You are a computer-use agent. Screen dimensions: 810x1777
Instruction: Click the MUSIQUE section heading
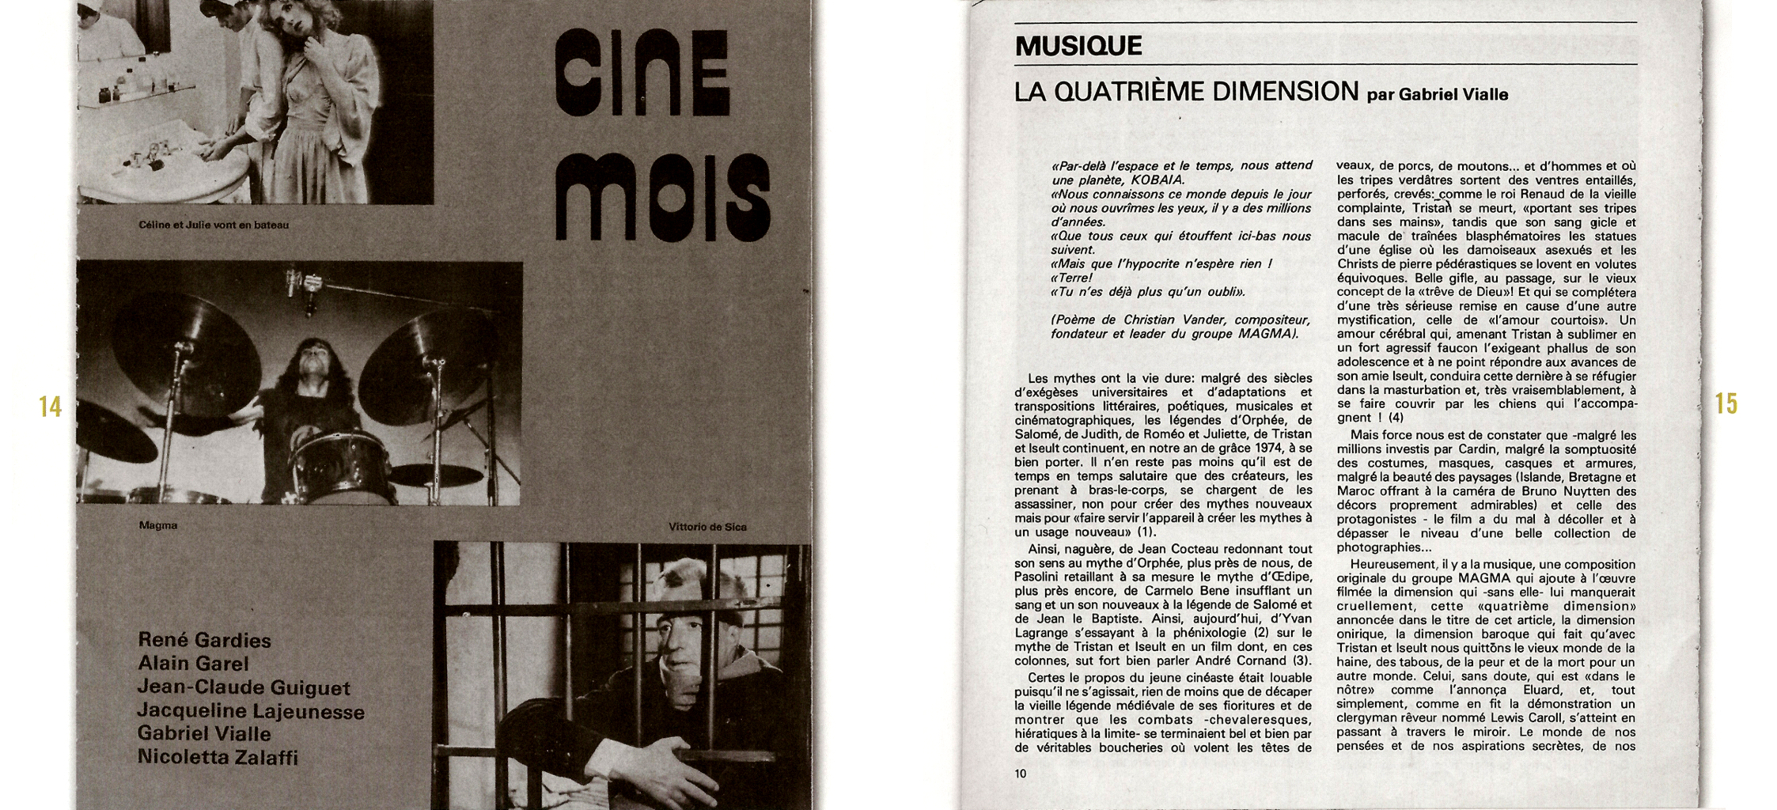tap(1078, 46)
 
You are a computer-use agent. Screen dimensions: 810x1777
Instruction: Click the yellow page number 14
tap(50, 407)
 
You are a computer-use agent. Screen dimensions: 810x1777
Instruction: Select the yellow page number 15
tap(1726, 404)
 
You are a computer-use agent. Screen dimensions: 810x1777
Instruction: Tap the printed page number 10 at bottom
tap(1020, 774)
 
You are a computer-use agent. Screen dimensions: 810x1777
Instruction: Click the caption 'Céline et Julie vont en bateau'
tap(214, 225)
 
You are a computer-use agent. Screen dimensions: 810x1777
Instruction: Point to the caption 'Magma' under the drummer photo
tap(157, 526)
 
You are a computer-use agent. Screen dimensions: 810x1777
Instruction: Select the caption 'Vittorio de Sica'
tap(707, 527)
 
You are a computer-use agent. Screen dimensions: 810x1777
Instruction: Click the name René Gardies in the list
tap(204, 640)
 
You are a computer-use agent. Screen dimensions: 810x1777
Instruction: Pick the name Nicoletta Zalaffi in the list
tap(218, 757)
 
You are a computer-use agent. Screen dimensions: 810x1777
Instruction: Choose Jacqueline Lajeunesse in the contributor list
tap(251, 711)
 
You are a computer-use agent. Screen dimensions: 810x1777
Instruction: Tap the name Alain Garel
tap(193, 664)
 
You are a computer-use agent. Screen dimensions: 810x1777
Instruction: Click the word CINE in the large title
tap(641, 73)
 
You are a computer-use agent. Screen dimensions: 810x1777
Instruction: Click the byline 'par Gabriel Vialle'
tap(1437, 95)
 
